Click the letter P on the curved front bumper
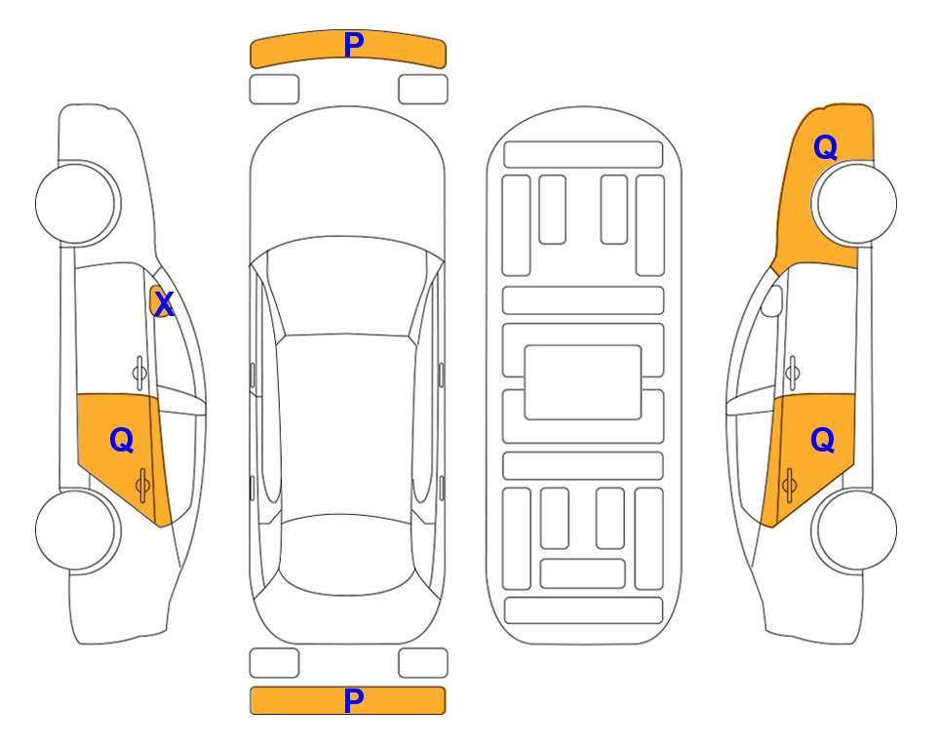point(354,45)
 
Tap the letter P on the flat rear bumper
point(354,700)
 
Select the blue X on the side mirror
point(164,304)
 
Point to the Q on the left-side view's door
point(122,441)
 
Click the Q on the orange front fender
point(825,147)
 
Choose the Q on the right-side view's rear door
point(822,441)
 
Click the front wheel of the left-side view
point(76,204)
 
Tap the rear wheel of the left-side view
point(76,530)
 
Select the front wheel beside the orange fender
point(856,204)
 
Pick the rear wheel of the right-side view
point(856,530)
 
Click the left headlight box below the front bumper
point(274,90)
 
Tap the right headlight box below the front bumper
point(423,90)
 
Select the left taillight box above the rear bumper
point(274,663)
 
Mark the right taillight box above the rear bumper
point(423,663)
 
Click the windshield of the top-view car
point(347,288)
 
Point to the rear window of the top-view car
point(347,554)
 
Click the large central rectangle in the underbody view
point(583,382)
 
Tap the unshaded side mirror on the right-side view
point(772,300)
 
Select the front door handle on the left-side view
point(139,373)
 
